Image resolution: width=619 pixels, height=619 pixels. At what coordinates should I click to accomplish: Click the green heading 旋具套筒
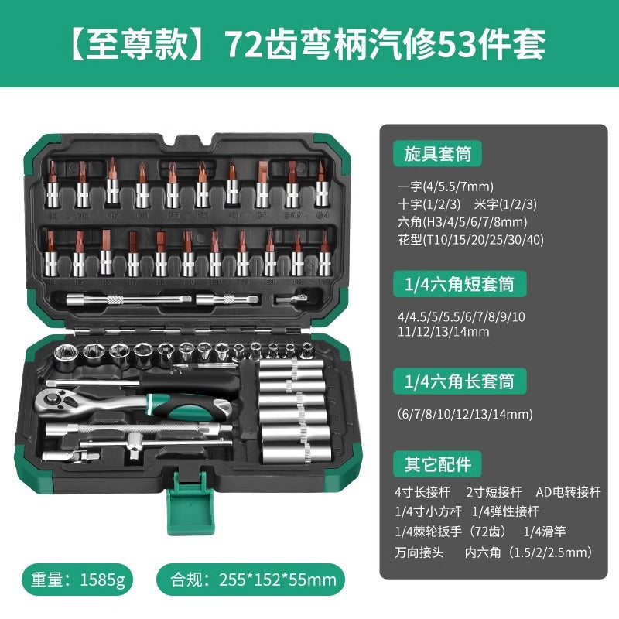pyautogui.click(x=437, y=153)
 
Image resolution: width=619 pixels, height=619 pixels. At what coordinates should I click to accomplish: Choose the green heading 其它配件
pyautogui.click(x=437, y=464)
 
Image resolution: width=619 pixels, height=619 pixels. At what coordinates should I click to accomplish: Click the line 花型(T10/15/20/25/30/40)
pyautogui.click(x=469, y=239)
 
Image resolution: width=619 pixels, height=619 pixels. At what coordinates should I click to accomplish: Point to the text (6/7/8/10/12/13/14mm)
pyautogui.click(x=464, y=414)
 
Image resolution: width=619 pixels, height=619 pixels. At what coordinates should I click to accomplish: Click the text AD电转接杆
pyautogui.click(x=568, y=492)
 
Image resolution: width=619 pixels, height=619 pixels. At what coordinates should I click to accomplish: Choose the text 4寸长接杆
pyautogui.click(x=422, y=492)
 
